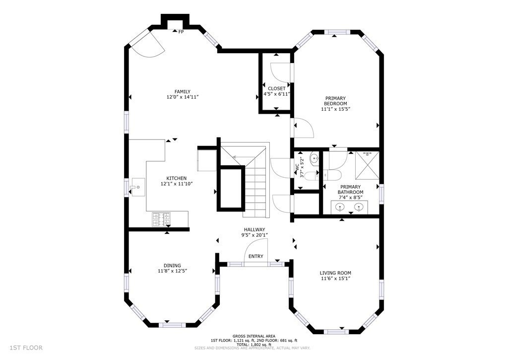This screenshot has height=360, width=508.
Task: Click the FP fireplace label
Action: pos(181,32)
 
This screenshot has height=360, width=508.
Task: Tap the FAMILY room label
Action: pos(183,92)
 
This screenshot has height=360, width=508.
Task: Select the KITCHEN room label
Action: pos(177,178)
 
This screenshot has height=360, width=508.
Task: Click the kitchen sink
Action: pos(138,187)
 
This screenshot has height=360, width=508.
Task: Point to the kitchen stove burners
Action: pos(161,219)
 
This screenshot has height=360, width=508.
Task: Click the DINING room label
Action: pos(172,266)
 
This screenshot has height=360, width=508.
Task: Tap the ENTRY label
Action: pos(256,257)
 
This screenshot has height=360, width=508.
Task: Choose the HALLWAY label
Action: pos(254,229)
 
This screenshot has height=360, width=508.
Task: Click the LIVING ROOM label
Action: pos(335,273)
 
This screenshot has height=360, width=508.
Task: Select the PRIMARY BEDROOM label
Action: pos(336,101)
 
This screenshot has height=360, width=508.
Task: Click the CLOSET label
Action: pos(277,88)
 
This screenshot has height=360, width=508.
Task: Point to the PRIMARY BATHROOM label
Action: pos(351,189)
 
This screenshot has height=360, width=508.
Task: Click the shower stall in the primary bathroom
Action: pos(368,165)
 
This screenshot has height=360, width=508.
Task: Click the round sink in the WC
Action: pos(314,158)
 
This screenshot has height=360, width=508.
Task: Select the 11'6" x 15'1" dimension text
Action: pos(335,279)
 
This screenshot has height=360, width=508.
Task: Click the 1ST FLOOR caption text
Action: pos(26,348)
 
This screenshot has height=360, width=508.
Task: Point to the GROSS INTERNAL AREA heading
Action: pos(254,336)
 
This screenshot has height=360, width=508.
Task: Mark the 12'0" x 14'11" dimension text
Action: pos(183,97)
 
